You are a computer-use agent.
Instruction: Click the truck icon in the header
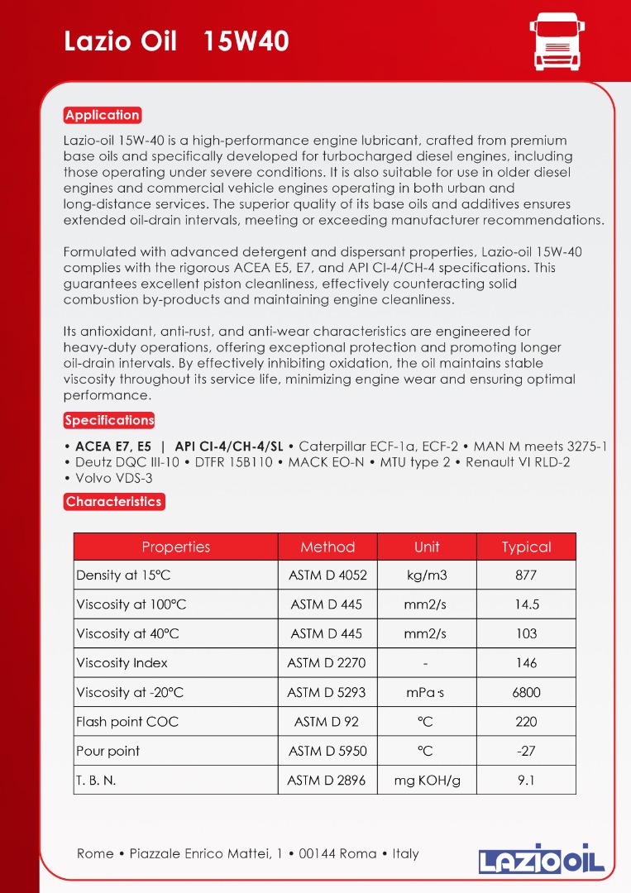pos(555,41)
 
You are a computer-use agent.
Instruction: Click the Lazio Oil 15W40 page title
pos(176,41)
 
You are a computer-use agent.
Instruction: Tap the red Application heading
pos(103,115)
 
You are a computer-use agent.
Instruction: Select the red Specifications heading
pos(109,420)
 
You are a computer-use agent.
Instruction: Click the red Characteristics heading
pos(113,501)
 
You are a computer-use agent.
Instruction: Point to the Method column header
pos(327,547)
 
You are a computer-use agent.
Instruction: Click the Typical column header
pos(526,547)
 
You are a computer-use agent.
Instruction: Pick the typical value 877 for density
pos(526,575)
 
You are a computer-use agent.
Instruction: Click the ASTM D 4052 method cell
pos(327,575)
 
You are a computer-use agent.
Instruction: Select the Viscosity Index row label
pos(122,663)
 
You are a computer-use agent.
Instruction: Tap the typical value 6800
pos(526,692)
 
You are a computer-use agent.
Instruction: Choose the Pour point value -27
pos(526,751)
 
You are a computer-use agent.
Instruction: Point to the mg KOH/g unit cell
pos(427,780)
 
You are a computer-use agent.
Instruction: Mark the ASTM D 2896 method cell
pos(327,780)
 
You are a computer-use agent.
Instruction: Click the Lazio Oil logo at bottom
pos(542,859)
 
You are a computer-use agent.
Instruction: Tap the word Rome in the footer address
pos(95,853)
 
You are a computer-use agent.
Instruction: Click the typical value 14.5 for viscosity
pos(526,604)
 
